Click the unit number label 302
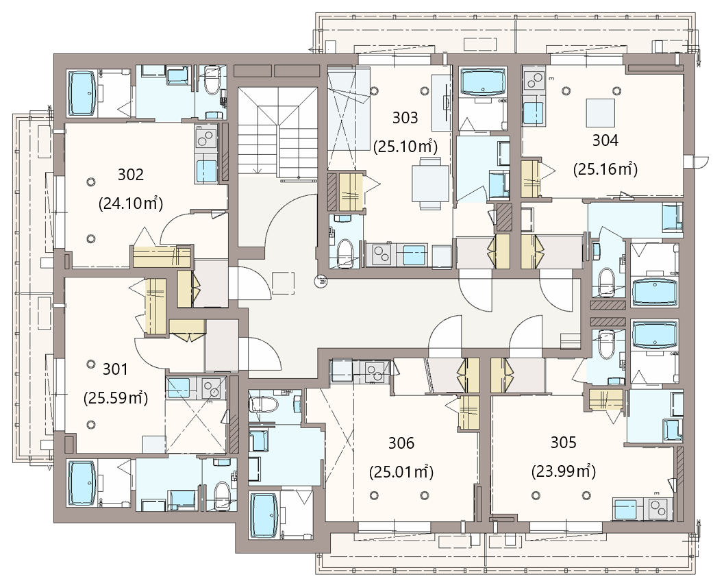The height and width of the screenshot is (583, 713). [131, 175]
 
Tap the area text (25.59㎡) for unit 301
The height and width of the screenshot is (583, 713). [116, 398]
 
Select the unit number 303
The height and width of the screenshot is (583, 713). [405, 118]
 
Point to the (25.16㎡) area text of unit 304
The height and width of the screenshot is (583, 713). [605, 169]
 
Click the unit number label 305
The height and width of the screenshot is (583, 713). [564, 442]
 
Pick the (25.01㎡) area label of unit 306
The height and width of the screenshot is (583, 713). [401, 472]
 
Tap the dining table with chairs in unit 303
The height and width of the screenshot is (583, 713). [430, 183]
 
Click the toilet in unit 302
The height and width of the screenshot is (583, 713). [212, 80]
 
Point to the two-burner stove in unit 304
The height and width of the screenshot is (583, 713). [534, 80]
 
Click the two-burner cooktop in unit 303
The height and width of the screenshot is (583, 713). [381, 255]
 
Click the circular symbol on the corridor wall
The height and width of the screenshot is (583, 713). [321, 281]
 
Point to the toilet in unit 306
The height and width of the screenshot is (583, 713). [264, 404]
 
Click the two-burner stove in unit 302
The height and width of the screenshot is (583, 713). [206, 136]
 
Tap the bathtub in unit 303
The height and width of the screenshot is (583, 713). [482, 82]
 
